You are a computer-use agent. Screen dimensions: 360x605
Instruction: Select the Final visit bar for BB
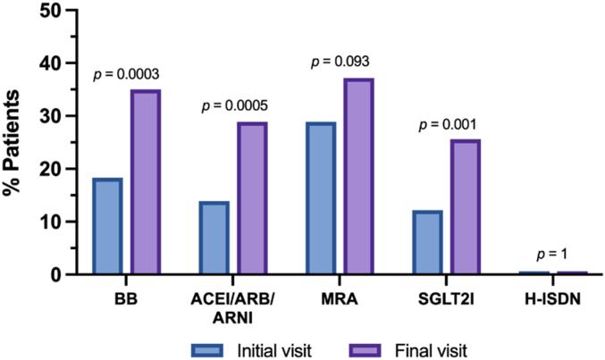(145, 182)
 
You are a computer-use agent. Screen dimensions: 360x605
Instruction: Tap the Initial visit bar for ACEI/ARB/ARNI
(214, 238)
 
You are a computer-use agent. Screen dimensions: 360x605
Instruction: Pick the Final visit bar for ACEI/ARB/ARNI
(252, 198)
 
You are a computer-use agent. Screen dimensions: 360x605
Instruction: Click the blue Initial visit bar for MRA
(321, 198)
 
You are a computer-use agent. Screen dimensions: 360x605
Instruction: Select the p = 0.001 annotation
(451, 124)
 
